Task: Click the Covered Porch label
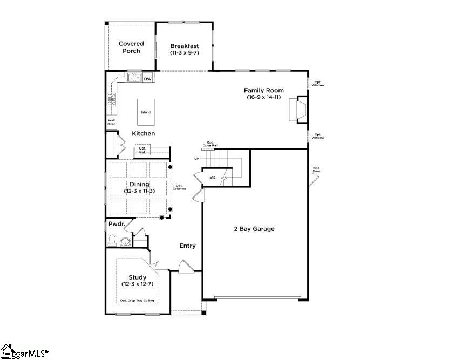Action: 131,47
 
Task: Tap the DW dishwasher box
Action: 147,79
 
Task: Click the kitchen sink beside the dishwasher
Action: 134,78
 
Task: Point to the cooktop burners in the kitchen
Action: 112,98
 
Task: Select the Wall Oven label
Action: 111,122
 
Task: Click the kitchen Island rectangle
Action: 146,112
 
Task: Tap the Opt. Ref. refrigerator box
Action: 142,151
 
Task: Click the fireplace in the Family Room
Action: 298,110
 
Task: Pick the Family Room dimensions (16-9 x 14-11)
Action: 263,97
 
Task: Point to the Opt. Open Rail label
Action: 210,144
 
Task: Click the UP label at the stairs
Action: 197,159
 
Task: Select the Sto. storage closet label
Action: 213,176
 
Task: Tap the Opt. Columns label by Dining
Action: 180,187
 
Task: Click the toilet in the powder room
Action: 113,240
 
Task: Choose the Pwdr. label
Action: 117,223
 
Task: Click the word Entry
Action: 187,246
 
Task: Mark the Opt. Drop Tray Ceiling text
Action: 137,301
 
